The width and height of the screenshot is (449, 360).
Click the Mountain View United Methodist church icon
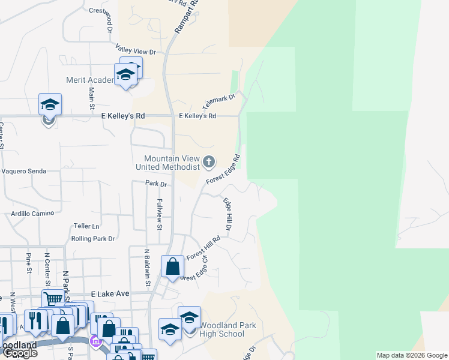[x=209, y=161]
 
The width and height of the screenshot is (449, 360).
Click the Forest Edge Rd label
[x=223, y=169]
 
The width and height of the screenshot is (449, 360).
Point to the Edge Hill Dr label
[x=228, y=214]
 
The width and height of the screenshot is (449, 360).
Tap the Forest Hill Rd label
[x=203, y=247]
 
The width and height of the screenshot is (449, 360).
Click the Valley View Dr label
[x=136, y=51]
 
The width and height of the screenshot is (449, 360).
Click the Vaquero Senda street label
[x=24, y=171]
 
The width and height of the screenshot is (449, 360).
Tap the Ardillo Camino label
[x=32, y=213]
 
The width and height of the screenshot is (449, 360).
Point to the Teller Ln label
[x=86, y=226]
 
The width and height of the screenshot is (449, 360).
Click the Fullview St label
[x=160, y=214]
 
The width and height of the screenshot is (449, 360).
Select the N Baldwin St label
[x=146, y=268]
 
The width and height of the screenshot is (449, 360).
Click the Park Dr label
[x=155, y=184]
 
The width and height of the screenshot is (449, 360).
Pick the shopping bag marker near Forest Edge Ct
[x=172, y=266]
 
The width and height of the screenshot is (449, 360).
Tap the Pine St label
[x=29, y=263]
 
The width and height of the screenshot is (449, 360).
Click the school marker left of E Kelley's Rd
[x=50, y=105]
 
